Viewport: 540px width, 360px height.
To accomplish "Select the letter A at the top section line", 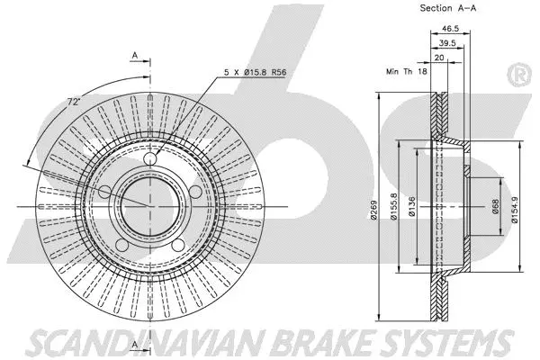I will pos(136,56).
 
